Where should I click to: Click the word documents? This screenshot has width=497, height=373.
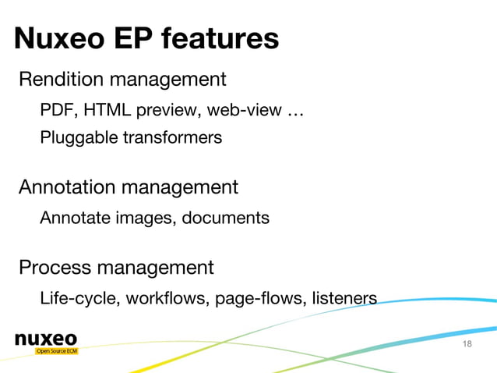point(226,218)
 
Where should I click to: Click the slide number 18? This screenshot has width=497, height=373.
point(467,345)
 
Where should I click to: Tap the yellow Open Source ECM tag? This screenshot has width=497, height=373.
point(58,351)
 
